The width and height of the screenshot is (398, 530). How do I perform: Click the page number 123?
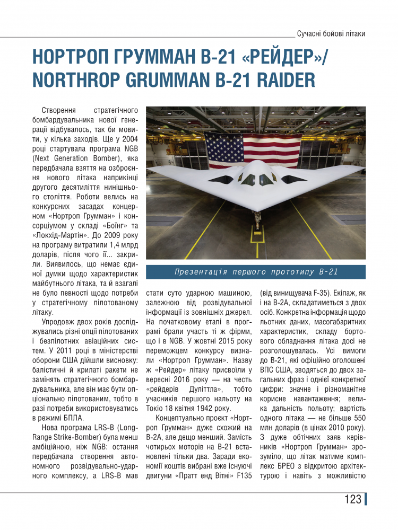tap(353, 499)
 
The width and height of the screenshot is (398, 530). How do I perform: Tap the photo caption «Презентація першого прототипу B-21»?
tap(256, 272)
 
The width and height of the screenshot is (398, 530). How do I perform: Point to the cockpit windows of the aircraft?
tap(256, 179)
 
